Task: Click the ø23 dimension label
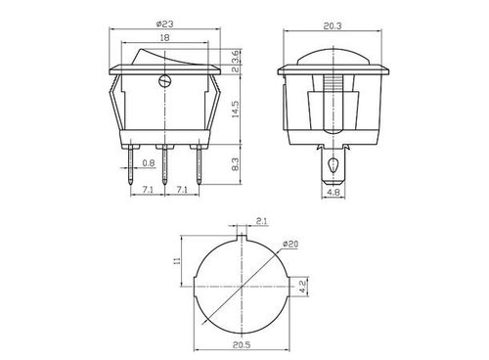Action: pos(164,23)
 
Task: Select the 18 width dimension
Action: pos(165,37)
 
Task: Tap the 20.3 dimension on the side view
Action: pos(333,26)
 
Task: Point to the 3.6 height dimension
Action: pos(236,56)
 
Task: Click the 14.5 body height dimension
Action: pos(236,110)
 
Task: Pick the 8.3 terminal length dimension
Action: pos(236,164)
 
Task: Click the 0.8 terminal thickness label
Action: pos(149,162)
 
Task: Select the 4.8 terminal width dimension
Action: pos(333,193)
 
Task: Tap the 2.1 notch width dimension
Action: pos(261,221)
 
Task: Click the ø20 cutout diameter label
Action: pos(290,244)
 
